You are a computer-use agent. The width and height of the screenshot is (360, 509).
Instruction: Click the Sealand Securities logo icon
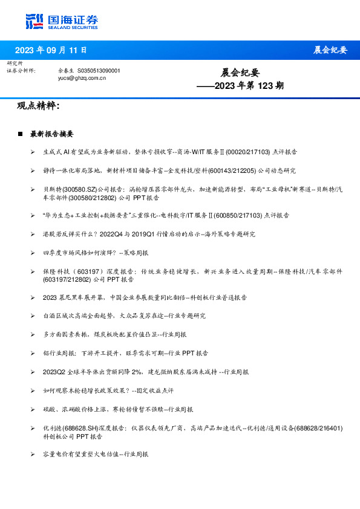click(35, 21)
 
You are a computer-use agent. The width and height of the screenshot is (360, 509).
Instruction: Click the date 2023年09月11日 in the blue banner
click(51, 50)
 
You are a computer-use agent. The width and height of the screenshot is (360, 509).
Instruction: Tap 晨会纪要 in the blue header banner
click(330, 50)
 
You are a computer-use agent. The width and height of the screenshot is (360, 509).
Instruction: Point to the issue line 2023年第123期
click(240, 86)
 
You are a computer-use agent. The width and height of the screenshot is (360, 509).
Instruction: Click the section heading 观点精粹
click(38, 106)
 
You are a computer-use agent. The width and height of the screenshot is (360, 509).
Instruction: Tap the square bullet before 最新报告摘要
click(20, 134)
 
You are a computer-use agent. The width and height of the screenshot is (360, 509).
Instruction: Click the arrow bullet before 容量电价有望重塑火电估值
click(33, 453)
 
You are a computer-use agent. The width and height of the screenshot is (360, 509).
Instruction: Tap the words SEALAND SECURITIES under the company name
click(74, 27)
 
